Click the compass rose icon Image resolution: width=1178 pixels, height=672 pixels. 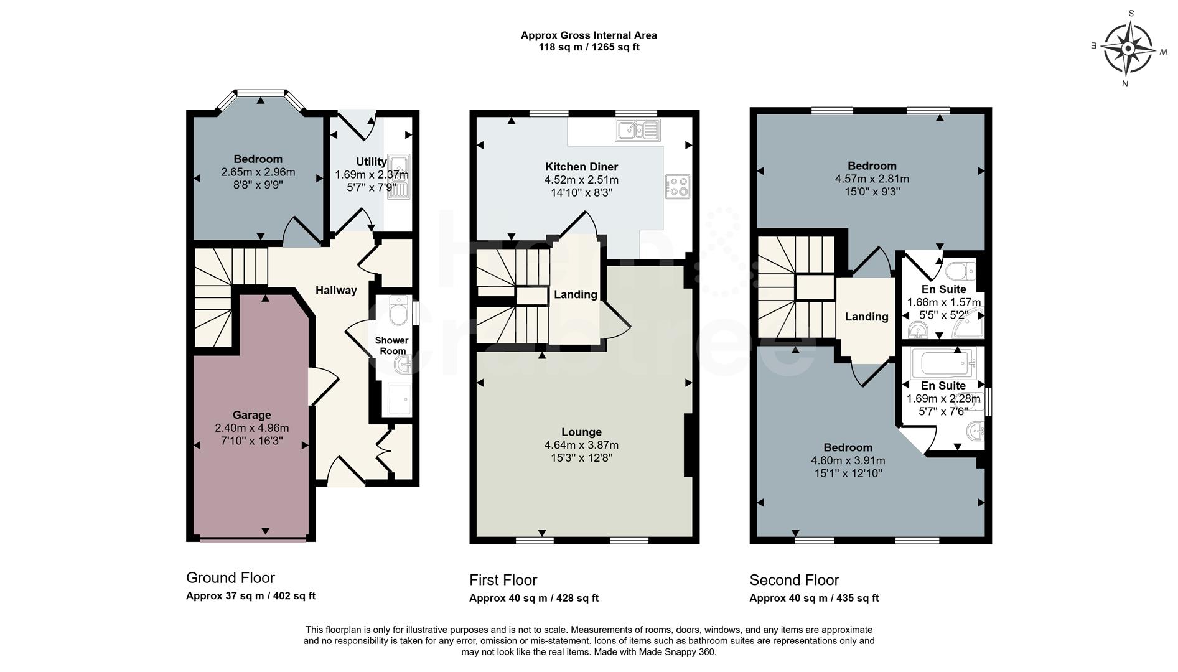tap(1128, 48)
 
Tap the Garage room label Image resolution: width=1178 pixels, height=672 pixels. tap(251, 415)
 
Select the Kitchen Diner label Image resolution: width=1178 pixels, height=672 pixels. tap(581, 167)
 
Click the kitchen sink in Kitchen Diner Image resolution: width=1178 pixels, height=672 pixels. tap(637, 131)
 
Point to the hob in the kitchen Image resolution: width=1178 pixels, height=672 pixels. tap(677, 186)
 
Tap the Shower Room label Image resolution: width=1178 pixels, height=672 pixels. tap(391, 345)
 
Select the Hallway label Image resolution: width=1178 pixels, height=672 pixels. tap(336, 290)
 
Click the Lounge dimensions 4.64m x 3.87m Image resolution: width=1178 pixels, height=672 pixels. tap(581, 445)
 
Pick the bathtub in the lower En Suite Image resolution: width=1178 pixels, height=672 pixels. tap(942, 363)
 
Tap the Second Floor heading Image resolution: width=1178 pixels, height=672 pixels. tap(794, 580)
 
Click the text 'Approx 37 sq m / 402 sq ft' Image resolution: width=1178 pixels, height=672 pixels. tap(250, 595)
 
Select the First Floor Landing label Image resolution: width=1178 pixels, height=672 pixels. tap(576, 294)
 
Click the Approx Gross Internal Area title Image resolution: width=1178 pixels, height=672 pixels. tap(589, 35)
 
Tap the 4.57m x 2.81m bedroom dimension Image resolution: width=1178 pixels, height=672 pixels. tap(871, 179)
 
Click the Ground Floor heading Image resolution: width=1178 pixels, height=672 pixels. tap(230, 577)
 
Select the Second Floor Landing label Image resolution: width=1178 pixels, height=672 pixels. tap(866, 317)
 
